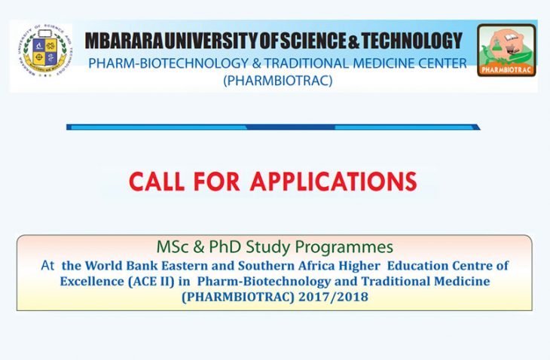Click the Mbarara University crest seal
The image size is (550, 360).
tap(44, 50)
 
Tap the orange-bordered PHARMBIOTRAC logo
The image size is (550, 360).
tap(506, 50)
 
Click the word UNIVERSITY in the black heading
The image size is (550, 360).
tap(211, 41)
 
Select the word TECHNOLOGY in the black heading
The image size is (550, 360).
tap(412, 41)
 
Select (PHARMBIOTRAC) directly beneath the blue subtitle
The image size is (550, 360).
tap(278, 81)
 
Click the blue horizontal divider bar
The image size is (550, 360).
tap(273, 127)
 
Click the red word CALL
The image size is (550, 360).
tap(157, 182)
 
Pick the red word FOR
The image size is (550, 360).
tap(217, 182)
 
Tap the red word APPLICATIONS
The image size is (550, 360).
tap(333, 182)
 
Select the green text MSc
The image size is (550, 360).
tap(172, 247)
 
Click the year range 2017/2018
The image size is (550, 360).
tap(333, 297)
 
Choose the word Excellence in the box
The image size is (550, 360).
tap(92, 281)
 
